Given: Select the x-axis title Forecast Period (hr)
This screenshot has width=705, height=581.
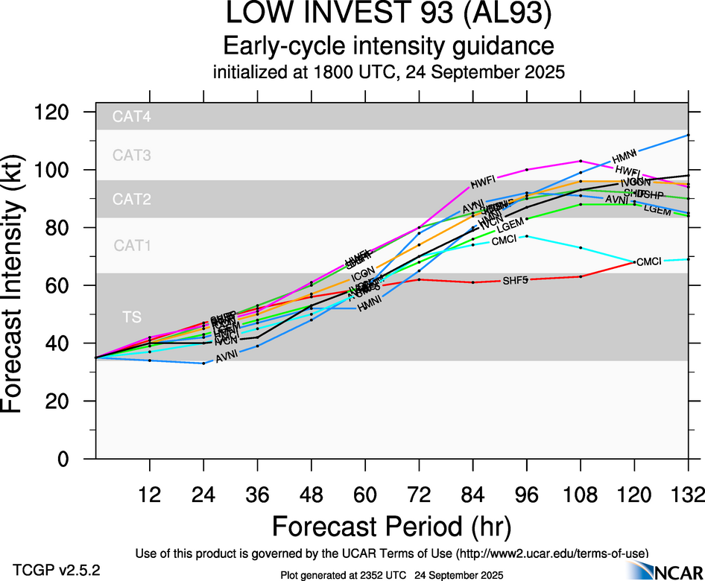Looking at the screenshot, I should tap(391, 526).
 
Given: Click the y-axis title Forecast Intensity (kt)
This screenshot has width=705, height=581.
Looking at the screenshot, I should tap(21, 285).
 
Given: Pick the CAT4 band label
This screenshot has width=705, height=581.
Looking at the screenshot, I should tap(132, 117).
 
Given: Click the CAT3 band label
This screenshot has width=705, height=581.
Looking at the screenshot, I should tap(132, 156).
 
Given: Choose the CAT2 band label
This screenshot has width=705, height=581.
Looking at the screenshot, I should tap(132, 200).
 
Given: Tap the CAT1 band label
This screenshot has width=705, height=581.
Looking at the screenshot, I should tap(132, 245).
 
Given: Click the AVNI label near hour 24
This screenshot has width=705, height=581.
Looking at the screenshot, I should tap(227, 358).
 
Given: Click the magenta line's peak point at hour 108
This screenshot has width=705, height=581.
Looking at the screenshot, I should tap(581, 161).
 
